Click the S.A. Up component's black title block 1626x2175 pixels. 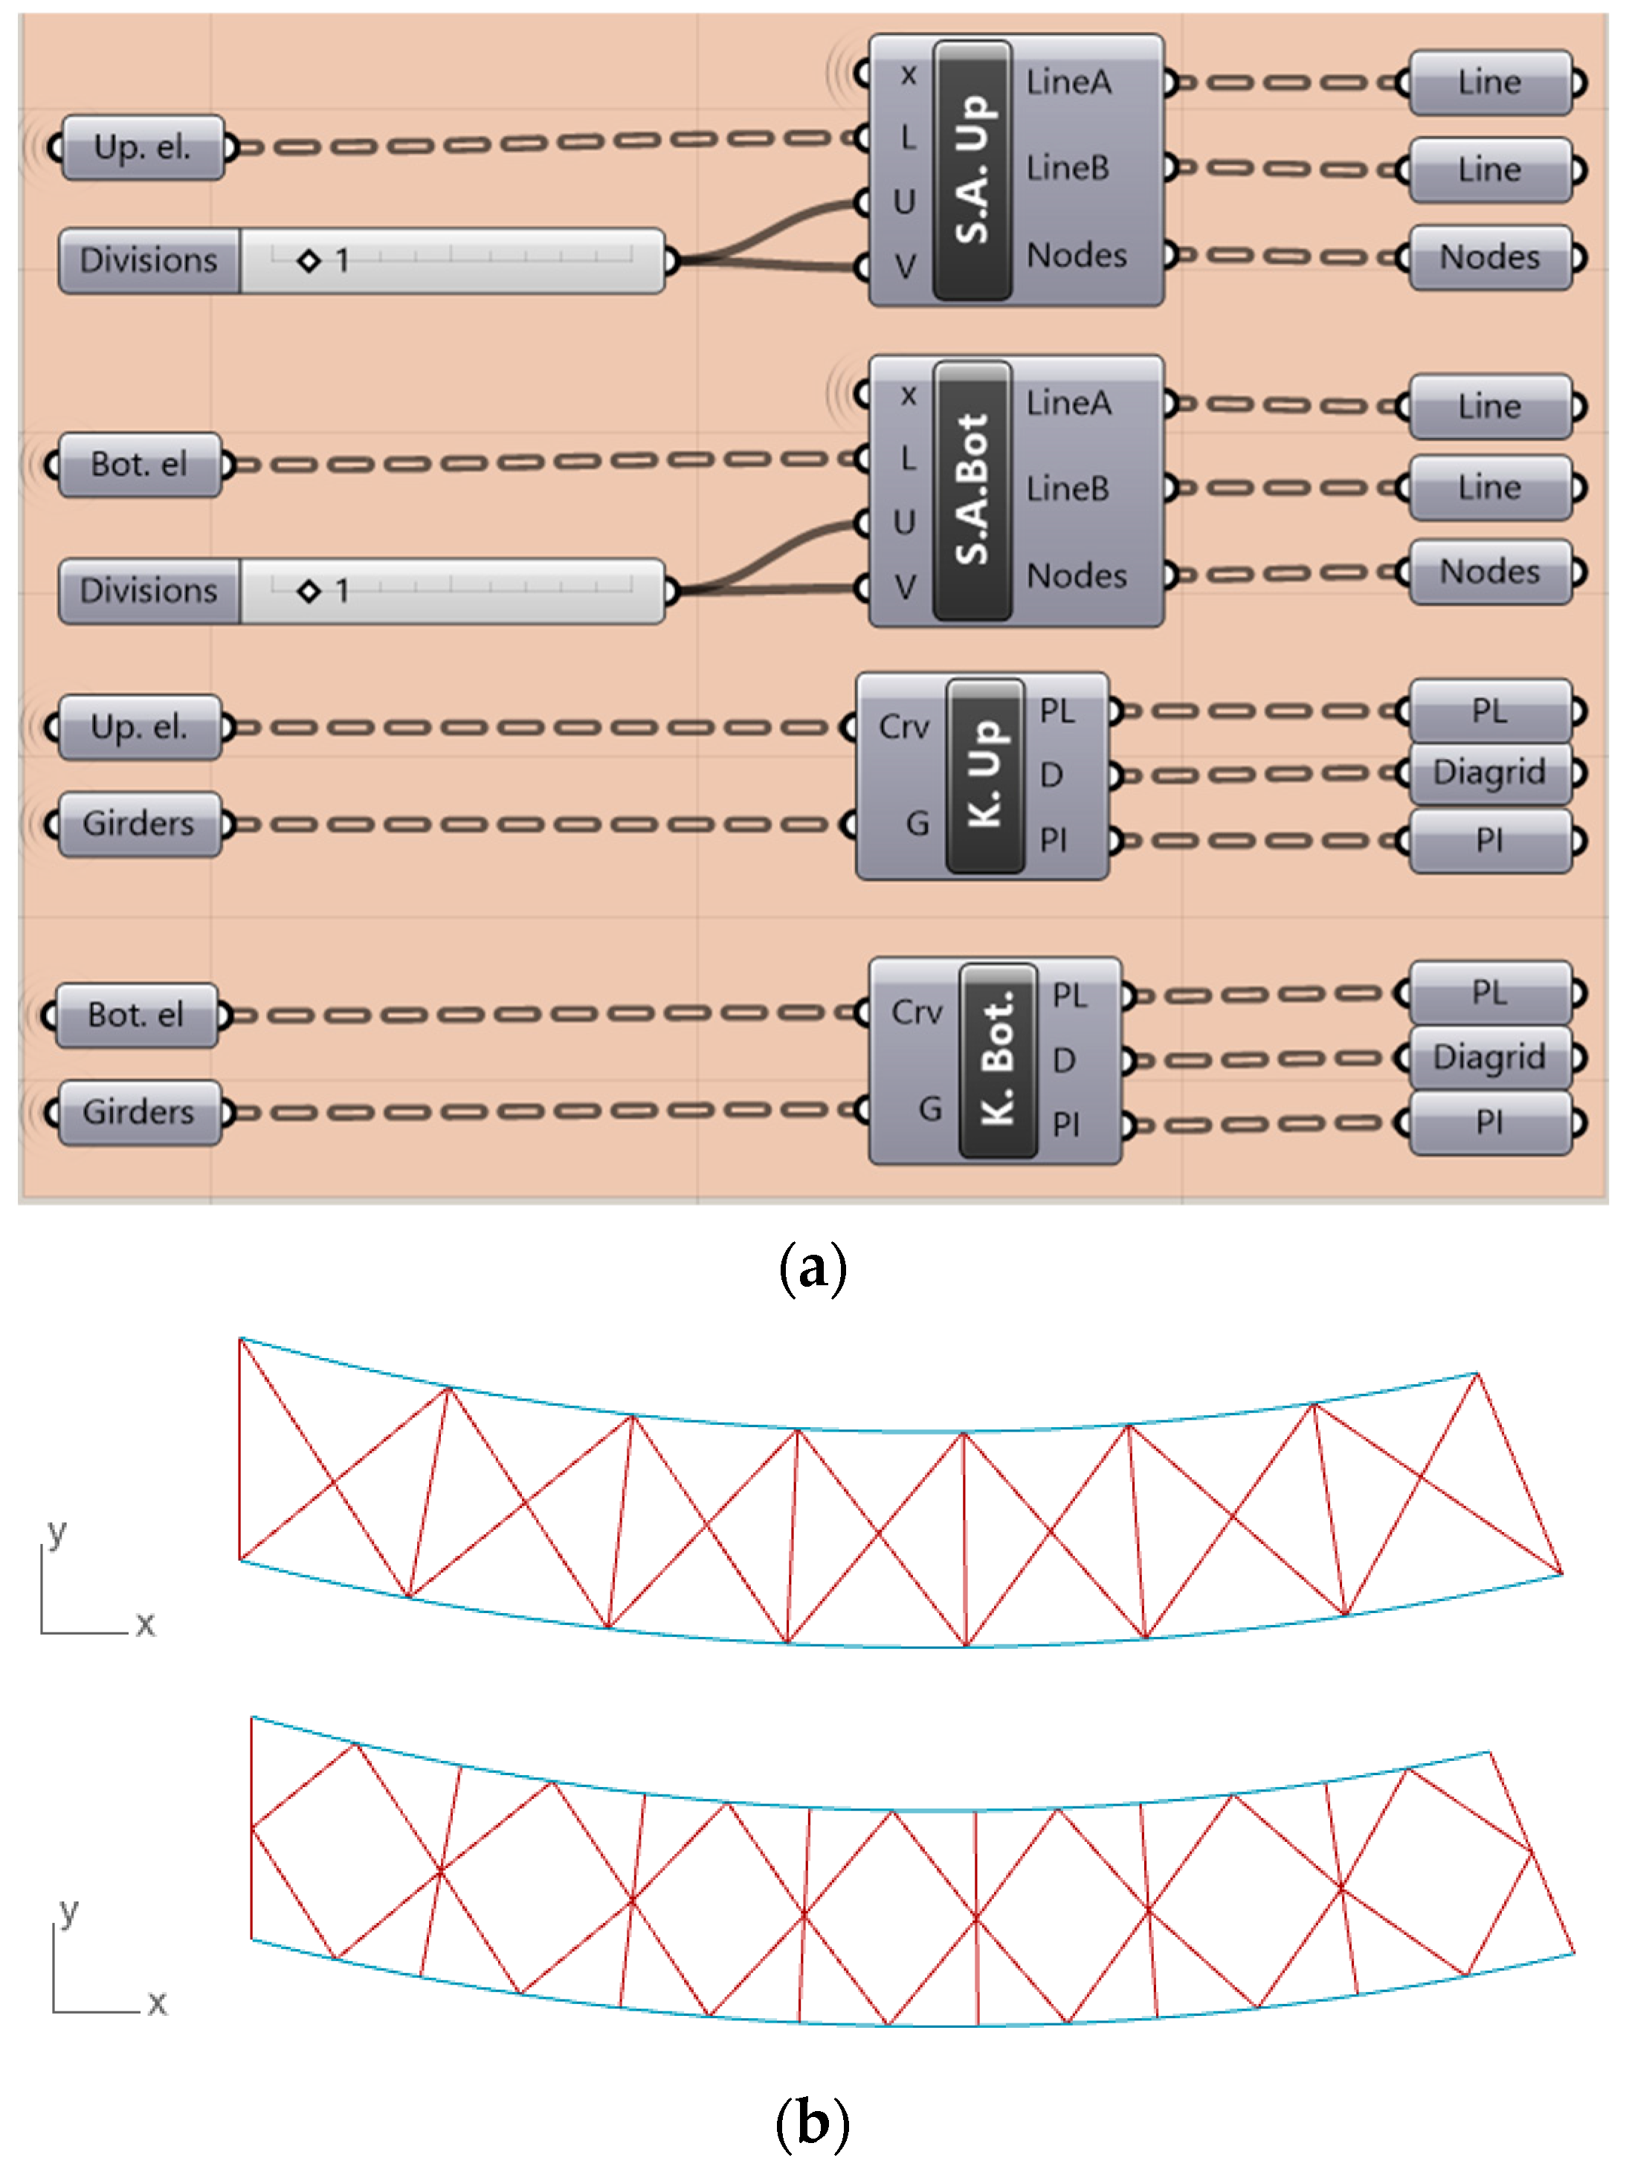coord(972,170)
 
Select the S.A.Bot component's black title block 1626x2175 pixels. coord(972,491)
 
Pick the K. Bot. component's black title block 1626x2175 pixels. coord(998,1060)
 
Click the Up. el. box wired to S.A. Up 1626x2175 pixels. coord(142,147)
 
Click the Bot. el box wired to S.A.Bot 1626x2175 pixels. coord(139,464)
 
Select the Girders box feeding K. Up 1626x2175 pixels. coord(139,823)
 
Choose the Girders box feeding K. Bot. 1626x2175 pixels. coord(139,1112)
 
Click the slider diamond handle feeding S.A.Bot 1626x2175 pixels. coord(309,591)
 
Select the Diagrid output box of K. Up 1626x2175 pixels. coord(1489,773)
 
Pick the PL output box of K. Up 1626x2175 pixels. coord(1489,710)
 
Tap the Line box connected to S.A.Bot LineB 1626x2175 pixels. coord(1489,488)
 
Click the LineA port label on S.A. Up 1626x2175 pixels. coord(1068,83)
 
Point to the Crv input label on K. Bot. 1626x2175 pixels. coord(916,1012)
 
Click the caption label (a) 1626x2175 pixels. coord(813,1268)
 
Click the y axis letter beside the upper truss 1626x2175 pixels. coord(57,1532)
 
